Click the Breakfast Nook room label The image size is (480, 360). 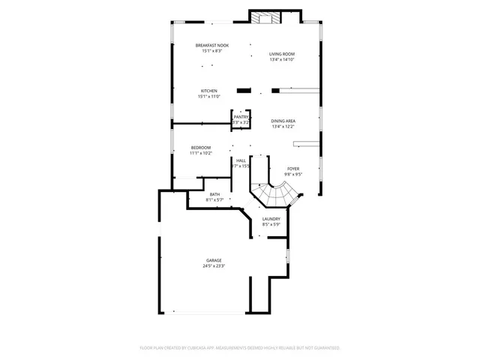tap(213, 46)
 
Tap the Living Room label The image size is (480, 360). tap(283, 54)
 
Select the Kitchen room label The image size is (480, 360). tap(208, 91)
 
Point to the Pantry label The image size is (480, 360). tap(241, 117)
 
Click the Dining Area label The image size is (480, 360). tap(283, 121)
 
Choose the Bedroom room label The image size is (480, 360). tap(200, 147)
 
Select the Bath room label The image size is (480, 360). tap(214, 193)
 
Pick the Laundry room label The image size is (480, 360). tap(271, 219)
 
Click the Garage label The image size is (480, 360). tap(214, 259)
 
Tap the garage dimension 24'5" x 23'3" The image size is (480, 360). tap(214, 265)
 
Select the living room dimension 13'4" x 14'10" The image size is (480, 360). tap(283, 60)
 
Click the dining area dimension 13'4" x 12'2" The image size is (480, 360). tap(283, 127)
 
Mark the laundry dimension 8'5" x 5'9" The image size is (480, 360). tap(271, 225)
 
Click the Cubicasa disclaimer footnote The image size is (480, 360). tap(240, 348)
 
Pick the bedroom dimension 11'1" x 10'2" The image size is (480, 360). tap(200, 153)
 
